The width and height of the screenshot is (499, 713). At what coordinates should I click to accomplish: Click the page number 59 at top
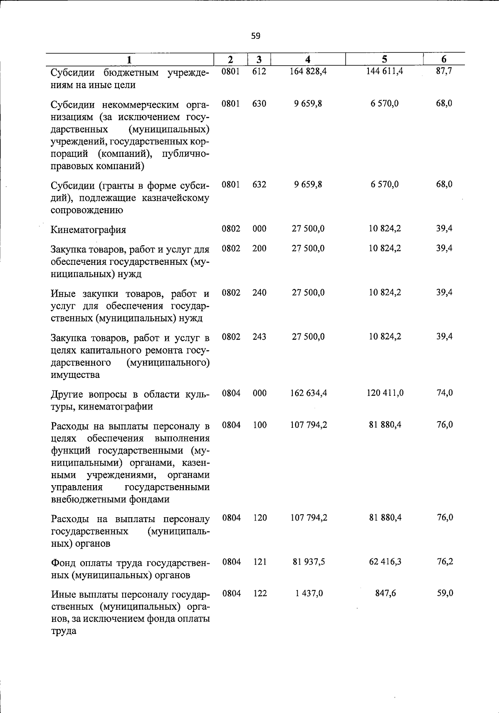256,36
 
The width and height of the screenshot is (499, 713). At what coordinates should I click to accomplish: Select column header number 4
308,59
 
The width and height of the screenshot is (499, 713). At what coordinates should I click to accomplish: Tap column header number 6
444,59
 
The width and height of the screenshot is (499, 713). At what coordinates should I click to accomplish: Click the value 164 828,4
308,71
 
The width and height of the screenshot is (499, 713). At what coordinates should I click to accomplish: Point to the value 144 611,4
385,71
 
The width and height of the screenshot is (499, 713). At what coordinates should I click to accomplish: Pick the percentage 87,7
444,71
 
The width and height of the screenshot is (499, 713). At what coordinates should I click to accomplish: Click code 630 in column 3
259,104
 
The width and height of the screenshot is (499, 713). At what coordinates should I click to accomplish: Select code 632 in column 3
259,184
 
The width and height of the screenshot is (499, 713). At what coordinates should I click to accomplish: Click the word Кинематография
88,229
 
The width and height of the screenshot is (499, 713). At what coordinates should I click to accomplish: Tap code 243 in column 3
259,336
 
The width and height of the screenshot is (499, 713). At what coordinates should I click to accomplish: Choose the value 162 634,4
308,393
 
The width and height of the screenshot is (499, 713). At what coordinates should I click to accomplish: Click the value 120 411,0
385,393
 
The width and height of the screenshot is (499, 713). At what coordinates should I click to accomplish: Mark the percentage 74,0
444,393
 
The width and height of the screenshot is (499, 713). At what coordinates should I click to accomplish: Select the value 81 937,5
308,562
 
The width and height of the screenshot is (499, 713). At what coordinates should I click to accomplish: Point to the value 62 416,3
385,562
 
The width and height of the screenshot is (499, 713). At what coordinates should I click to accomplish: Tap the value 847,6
385,593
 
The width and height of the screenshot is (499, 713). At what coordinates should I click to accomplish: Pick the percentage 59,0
445,593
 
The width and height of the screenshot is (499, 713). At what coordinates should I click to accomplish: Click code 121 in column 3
260,562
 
